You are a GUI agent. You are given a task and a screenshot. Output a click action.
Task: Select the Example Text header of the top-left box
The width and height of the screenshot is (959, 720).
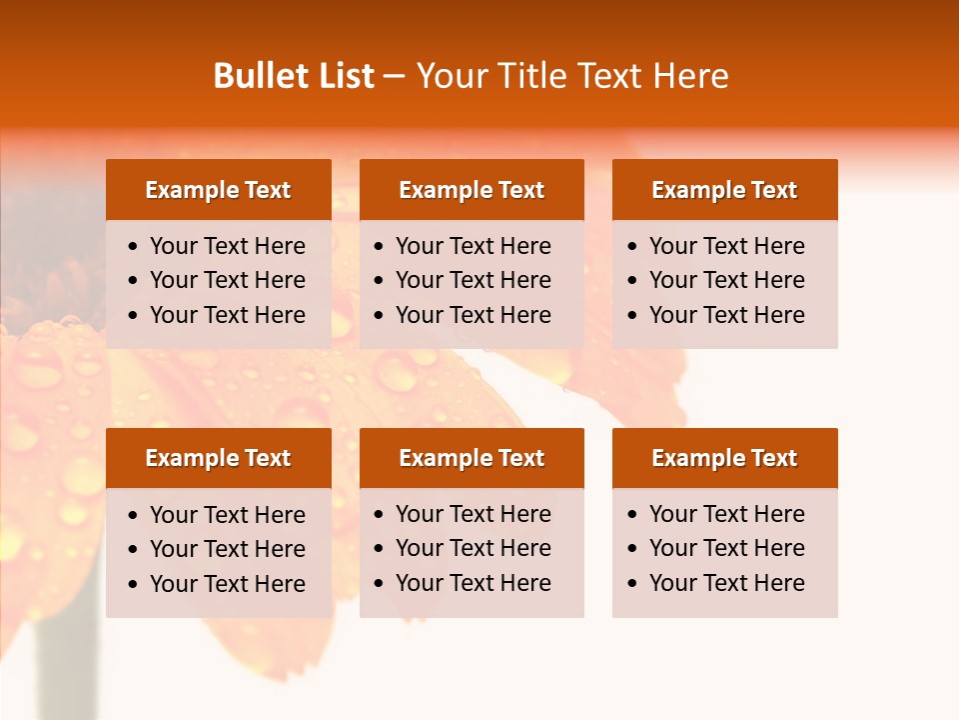click(218, 190)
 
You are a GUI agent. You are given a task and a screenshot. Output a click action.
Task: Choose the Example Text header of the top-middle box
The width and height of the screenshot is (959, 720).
click(472, 190)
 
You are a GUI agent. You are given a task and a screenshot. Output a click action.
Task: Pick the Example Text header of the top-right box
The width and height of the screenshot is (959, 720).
click(724, 190)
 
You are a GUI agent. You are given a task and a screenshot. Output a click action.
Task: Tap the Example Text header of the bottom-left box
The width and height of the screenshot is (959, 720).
click(218, 458)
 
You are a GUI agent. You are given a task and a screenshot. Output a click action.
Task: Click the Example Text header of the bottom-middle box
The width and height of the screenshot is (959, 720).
click(472, 458)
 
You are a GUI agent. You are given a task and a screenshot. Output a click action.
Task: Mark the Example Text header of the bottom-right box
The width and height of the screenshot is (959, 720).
click(724, 458)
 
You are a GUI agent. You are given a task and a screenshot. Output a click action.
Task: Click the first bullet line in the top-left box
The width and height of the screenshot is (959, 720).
click(227, 246)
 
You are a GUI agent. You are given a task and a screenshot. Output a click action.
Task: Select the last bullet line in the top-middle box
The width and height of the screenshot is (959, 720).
click(473, 315)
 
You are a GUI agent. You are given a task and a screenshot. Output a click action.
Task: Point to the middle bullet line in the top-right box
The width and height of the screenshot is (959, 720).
click(726, 280)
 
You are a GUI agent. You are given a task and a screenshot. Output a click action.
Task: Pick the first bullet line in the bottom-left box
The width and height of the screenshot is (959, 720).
click(227, 515)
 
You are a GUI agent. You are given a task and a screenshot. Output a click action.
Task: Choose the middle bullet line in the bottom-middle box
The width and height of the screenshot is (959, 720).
click(473, 548)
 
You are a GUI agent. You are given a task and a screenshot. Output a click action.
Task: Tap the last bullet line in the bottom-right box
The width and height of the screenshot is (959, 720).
click(726, 583)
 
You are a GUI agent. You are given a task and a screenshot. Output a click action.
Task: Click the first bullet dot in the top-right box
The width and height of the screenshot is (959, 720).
click(633, 247)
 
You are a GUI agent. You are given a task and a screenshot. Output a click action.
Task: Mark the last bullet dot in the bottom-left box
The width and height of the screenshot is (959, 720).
click(134, 585)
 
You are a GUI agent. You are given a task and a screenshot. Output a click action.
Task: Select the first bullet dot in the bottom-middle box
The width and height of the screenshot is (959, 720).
click(380, 515)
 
